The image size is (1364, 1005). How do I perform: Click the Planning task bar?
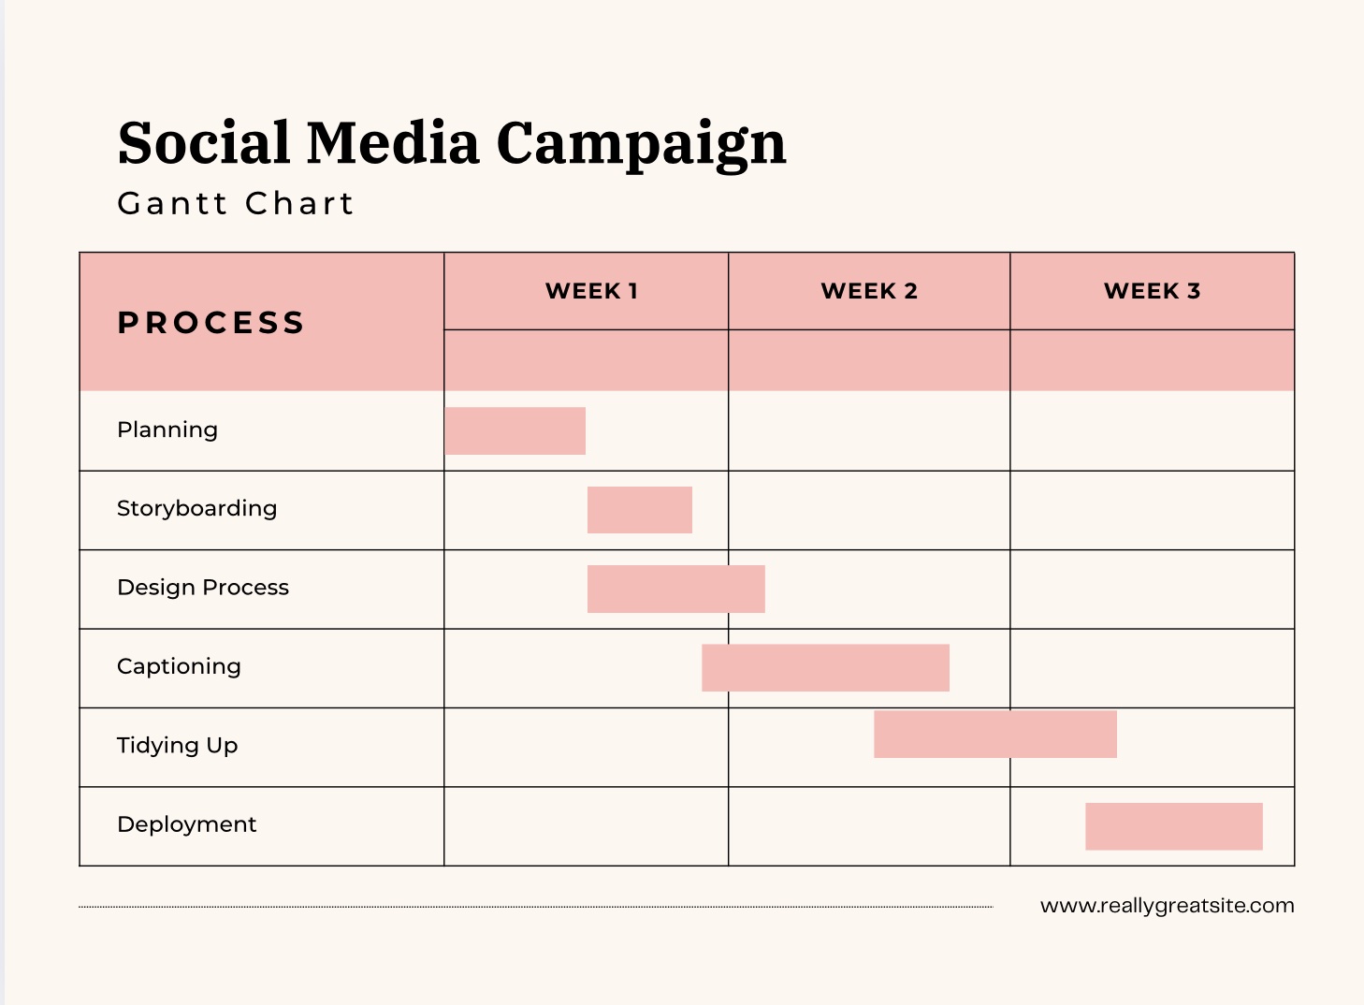[515, 431]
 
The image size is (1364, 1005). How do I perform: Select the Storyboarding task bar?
[640, 510]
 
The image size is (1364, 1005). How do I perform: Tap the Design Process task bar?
[676, 590]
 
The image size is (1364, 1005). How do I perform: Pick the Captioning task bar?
[825, 668]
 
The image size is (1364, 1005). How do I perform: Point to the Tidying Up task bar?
[995, 735]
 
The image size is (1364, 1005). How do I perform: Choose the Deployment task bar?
[1174, 826]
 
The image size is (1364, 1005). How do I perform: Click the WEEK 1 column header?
[591, 291]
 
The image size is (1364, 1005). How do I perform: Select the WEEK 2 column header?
[869, 291]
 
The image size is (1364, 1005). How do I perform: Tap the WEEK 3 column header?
[1152, 291]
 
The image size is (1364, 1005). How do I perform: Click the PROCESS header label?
[211, 323]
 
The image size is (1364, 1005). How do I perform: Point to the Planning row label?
[167, 430]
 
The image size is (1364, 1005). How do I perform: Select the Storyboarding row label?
[196, 508]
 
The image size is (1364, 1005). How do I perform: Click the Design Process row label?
[203, 587]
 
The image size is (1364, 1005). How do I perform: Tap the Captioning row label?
[179, 666]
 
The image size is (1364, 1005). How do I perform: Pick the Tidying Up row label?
[177, 746]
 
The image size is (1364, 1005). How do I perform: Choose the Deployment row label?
[186, 824]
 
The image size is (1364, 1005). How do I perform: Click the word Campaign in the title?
[641, 145]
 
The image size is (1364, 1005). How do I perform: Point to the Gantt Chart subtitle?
[236, 203]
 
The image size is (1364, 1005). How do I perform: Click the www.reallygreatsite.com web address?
[1167, 906]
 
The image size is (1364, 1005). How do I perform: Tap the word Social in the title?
[204, 143]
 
